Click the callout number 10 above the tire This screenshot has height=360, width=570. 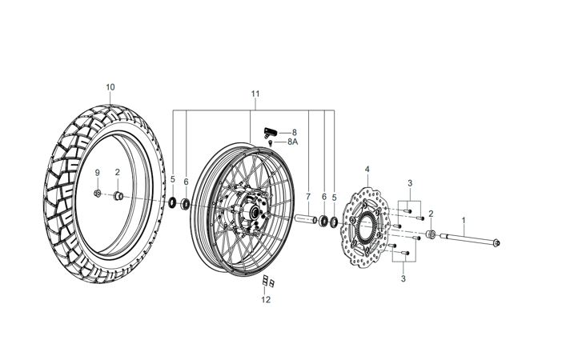[110, 86]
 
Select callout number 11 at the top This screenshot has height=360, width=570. [255, 94]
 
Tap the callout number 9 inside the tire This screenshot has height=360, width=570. [98, 173]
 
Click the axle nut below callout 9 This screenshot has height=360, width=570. [98, 194]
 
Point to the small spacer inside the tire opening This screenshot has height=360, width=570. [117, 195]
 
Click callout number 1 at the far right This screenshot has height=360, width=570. [461, 218]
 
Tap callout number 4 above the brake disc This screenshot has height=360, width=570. [367, 170]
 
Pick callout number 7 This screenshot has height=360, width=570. [307, 196]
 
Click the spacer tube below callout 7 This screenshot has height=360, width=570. [307, 218]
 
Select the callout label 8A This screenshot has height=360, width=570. [293, 142]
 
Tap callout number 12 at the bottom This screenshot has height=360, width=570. [266, 300]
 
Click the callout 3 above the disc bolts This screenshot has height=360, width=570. [409, 184]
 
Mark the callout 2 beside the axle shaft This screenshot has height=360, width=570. [431, 214]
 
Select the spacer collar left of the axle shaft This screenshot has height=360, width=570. [431, 234]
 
